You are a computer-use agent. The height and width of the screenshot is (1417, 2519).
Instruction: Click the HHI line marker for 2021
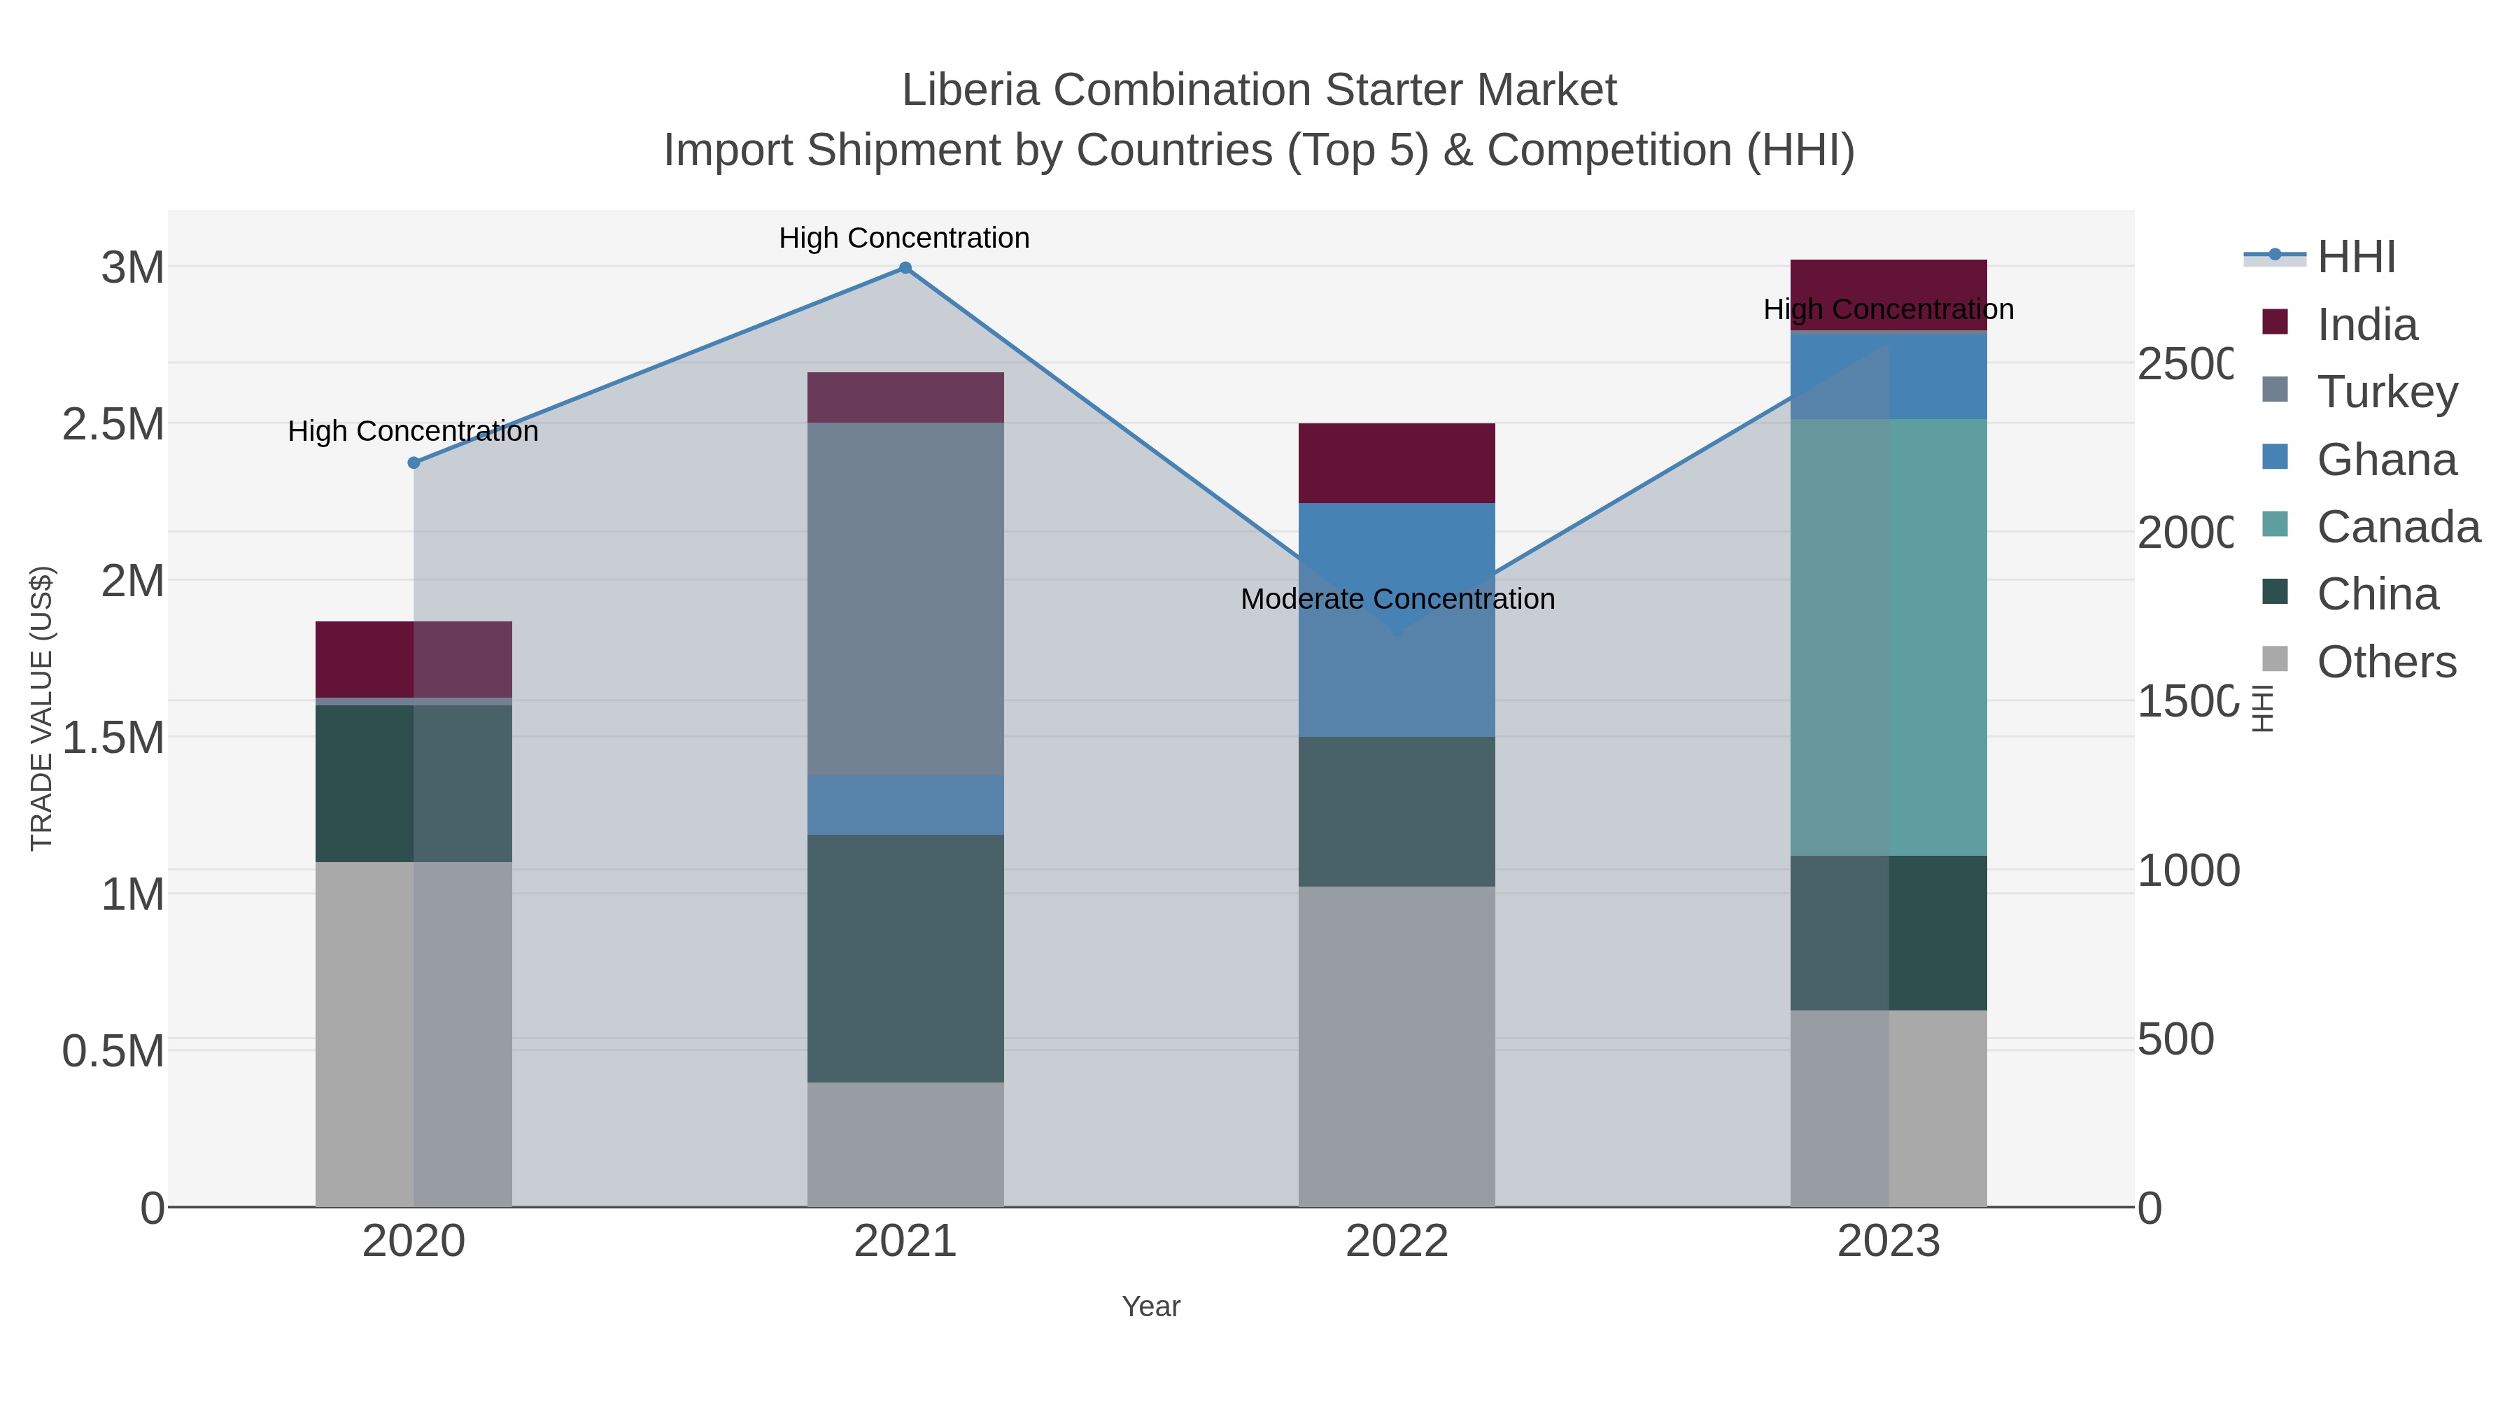(905, 268)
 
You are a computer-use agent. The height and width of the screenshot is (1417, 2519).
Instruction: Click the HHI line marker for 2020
(414, 463)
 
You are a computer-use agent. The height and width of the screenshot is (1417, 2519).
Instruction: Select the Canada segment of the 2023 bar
(1889, 635)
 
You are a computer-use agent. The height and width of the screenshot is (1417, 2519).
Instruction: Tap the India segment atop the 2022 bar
(1397, 463)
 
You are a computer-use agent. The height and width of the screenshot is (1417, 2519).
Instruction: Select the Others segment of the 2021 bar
(905, 1143)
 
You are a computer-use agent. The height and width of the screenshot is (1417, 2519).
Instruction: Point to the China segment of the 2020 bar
(414, 782)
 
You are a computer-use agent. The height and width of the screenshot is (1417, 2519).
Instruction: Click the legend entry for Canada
(2397, 527)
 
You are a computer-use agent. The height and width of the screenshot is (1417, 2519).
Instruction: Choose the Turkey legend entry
(2386, 392)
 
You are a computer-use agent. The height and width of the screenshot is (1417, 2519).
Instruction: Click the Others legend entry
(2386, 662)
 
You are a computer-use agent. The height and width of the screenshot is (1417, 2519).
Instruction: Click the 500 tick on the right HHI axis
(2175, 1040)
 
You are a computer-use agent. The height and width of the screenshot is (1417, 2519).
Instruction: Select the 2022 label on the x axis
(1397, 1242)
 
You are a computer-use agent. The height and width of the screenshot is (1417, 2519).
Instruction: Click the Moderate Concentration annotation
(1397, 598)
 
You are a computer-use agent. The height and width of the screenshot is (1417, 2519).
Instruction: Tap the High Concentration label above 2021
(905, 238)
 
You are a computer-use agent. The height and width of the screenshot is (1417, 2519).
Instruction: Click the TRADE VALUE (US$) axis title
(41, 708)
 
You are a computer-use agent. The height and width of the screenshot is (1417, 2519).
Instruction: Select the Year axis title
(1151, 1306)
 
